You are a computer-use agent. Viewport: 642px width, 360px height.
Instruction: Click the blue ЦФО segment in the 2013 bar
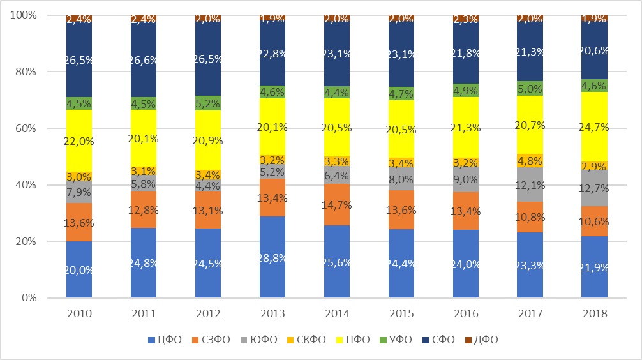pos(272,257)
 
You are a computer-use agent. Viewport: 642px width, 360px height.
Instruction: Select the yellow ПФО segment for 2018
pos(594,126)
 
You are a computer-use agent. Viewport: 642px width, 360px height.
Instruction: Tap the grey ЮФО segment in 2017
pos(530,184)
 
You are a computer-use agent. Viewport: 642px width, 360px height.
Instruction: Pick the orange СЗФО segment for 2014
pos(336,204)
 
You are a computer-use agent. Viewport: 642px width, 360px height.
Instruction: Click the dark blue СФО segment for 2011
pos(144,59)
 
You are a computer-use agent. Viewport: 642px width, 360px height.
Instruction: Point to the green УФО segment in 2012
pos(207,103)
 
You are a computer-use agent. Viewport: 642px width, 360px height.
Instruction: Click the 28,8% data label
pos(272,258)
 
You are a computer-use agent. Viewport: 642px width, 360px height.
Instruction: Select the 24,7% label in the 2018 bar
pos(594,127)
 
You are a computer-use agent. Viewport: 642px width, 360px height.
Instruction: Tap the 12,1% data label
pos(530,186)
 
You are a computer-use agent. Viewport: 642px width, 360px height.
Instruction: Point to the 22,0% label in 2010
pos(79,141)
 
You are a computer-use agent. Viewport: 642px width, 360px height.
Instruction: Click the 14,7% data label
pos(336,205)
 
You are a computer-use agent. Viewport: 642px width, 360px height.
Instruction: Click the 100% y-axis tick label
pos(24,15)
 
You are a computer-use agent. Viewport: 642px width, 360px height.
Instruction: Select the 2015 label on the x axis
pos(401,313)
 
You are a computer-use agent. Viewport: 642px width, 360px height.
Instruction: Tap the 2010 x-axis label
pos(79,313)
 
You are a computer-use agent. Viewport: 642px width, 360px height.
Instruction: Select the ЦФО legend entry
pos(165,340)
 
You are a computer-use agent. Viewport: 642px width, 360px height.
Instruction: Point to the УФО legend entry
pos(394,340)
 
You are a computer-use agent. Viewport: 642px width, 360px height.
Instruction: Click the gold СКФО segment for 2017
pos(530,161)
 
